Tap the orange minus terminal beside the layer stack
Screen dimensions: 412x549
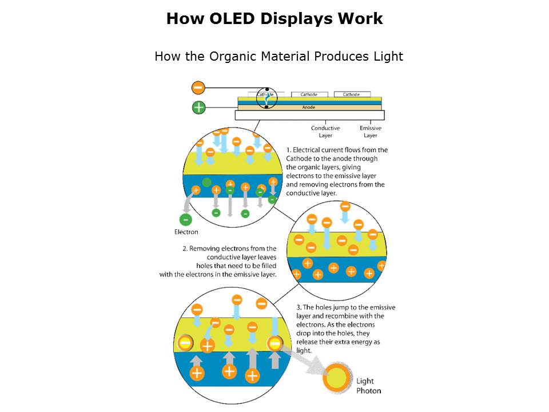[x=198, y=88]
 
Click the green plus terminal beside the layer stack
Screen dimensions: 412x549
[x=198, y=107]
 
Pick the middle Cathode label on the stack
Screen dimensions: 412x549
[x=309, y=94]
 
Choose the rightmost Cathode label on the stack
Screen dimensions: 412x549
[x=352, y=94]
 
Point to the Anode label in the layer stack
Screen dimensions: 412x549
[x=308, y=107]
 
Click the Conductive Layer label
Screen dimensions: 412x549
[x=325, y=132]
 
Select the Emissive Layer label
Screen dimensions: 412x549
[x=371, y=132]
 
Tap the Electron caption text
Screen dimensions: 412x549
[x=186, y=232]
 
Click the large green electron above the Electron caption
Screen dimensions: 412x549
[x=186, y=219]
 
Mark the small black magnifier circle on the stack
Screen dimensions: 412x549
[x=266, y=98]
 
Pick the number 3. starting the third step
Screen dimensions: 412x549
[x=299, y=307]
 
